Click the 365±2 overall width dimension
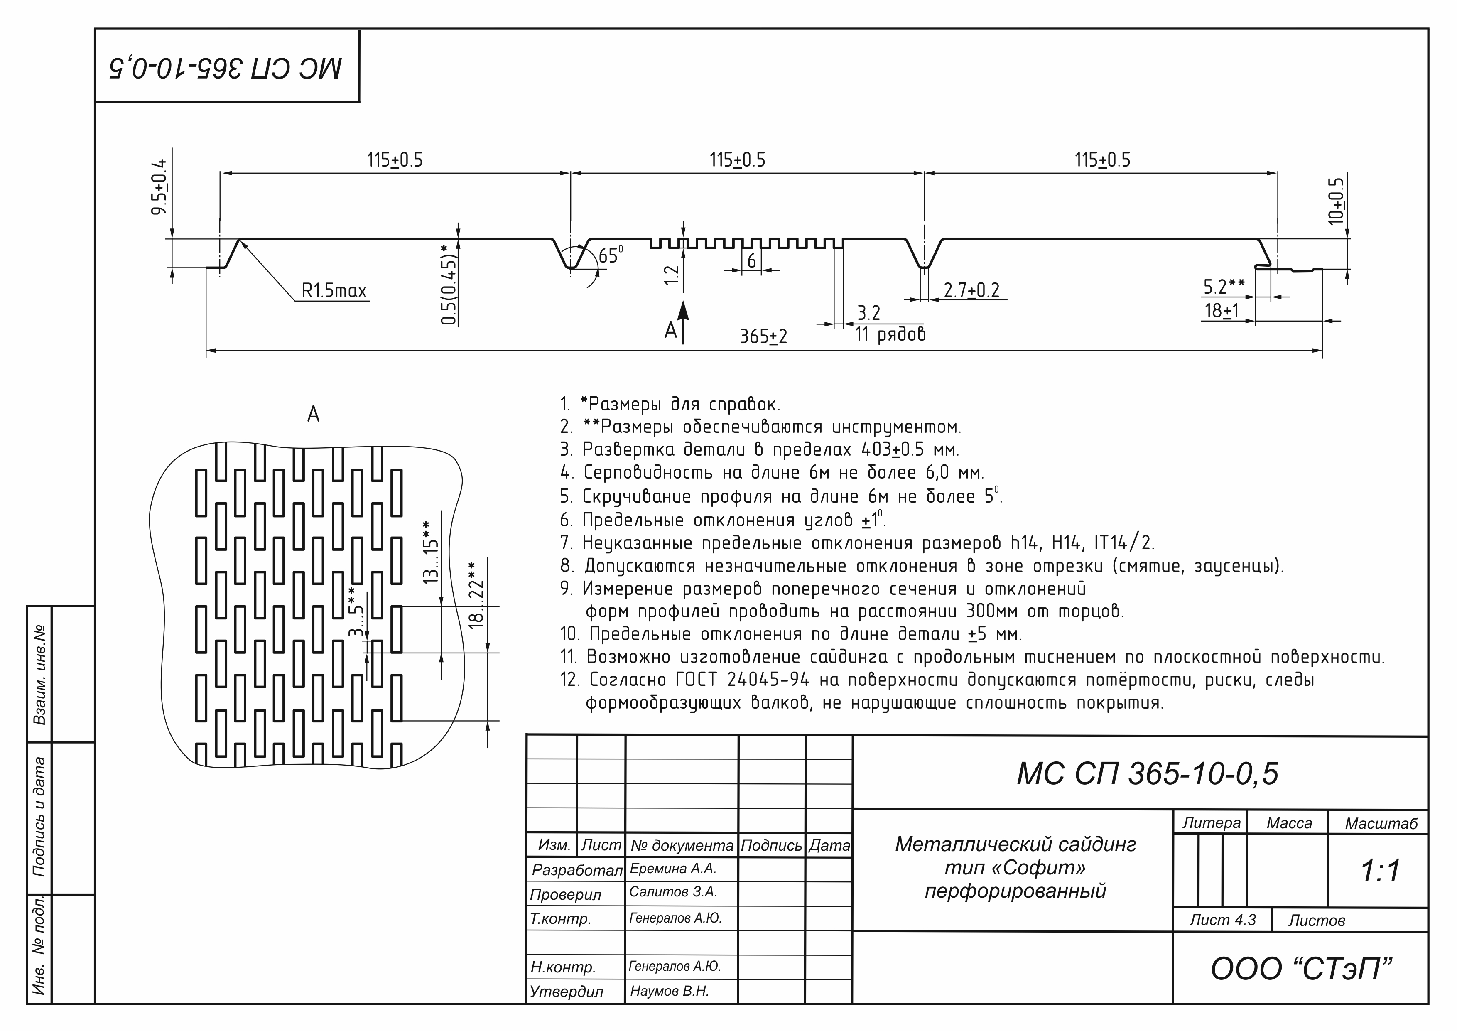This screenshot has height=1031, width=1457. [763, 336]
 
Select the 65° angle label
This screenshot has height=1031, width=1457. [611, 255]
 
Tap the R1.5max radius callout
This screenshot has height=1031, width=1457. [334, 291]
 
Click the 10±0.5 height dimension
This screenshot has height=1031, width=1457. [1335, 201]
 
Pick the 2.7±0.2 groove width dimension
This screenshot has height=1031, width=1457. [971, 290]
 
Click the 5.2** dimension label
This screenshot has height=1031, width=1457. [1224, 287]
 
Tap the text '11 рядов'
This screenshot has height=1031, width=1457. [890, 334]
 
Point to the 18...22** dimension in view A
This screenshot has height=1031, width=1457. [476, 596]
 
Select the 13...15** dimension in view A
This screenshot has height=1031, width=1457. [430, 552]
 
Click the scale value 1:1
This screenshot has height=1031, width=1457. [1380, 871]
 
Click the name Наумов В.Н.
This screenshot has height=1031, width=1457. [670, 991]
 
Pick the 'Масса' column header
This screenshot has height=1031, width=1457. [1289, 823]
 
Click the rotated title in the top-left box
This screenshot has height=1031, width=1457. [226, 66]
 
